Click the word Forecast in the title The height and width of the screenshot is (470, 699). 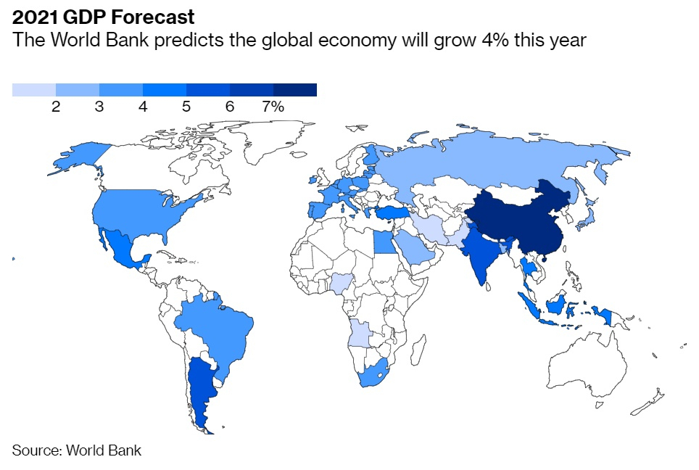(x=152, y=17)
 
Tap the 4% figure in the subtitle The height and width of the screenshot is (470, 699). (x=495, y=40)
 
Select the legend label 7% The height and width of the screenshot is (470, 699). (x=273, y=107)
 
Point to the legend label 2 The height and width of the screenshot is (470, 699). (x=56, y=107)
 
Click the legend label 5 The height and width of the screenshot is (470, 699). (x=186, y=107)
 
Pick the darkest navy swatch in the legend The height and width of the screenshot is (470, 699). (x=295, y=90)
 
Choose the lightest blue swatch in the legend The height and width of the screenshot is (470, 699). (x=34, y=90)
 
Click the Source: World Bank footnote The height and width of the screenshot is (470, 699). (x=77, y=450)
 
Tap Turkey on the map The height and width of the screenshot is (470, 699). (x=392, y=213)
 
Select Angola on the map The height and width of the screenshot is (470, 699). (x=360, y=333)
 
